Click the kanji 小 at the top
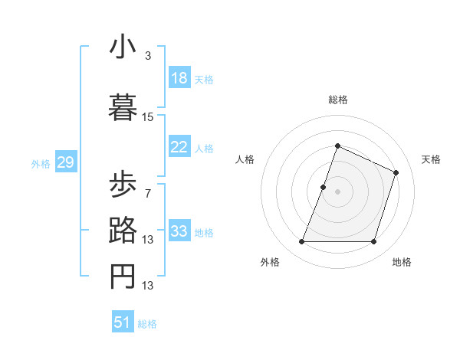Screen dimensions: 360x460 point(123,47)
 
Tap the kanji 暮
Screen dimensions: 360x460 point(123,108)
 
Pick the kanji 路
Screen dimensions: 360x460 point(123,231)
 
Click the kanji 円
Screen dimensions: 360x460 point(123,277)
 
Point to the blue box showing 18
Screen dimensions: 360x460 point(179,78)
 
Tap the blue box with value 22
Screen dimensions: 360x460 point(179,147)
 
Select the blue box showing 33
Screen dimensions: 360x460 point(179,231)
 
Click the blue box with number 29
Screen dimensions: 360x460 point(65,162)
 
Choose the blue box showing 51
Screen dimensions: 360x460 point(123,322)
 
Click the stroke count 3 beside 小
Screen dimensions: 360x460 point(147,56)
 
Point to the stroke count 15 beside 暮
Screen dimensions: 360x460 point(147,117)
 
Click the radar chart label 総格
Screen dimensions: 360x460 point(338,100)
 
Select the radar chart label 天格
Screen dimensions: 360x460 point(431,159)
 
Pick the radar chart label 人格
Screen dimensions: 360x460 point(245,159)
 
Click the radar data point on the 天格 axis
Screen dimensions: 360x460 point(396,173)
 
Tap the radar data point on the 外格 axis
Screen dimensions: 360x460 point(301,242)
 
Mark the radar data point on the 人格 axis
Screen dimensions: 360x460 point(324,187)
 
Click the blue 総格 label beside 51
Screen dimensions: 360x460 point(147,324)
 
